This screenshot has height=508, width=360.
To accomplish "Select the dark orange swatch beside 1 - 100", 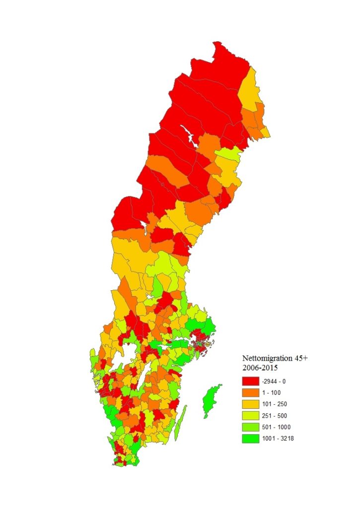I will [251, 393].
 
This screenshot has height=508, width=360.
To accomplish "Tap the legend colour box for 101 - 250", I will [251, 404].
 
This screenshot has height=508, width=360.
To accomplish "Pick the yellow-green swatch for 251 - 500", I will [251, 416].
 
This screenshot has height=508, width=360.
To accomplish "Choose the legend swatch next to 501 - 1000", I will [251, 427].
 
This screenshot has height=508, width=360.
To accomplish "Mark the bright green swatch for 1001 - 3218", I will [251, 439].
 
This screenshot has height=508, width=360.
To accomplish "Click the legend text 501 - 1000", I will [277, 427].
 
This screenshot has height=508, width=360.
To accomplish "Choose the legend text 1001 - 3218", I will [278, 439].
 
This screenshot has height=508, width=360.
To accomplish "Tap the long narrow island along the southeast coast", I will [182, 419].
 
